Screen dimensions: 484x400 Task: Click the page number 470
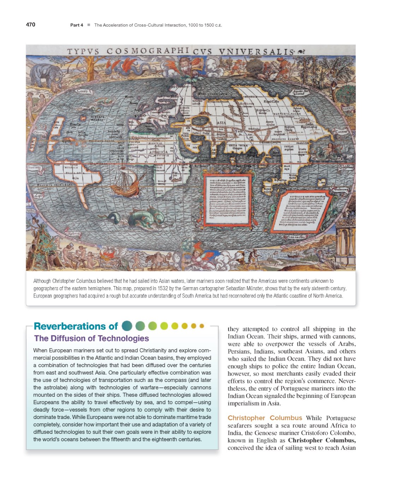click(31, 25)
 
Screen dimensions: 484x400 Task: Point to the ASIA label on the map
click(221, 123)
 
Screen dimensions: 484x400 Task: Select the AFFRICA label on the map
click(159, 152)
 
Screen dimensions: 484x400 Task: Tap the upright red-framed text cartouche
click(228, 200)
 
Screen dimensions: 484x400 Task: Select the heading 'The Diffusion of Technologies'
click(91, 338)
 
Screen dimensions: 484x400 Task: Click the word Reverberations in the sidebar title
click(71, 326)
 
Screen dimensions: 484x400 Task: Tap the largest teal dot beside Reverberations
click(127, 326)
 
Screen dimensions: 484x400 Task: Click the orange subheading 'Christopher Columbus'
click(265, 418)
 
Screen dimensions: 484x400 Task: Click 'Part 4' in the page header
click(77, 25)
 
